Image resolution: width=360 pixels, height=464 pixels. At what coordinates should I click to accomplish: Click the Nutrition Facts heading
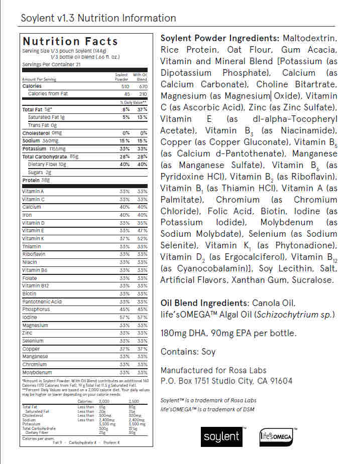(70, 42)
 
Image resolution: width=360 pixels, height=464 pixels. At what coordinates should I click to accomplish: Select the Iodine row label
(30, 317)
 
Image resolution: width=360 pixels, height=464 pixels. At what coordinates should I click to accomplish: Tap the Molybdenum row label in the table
(37, 373)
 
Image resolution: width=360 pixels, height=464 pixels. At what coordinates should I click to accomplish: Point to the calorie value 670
(142, 86)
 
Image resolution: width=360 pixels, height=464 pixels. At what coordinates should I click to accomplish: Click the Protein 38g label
(36, 180)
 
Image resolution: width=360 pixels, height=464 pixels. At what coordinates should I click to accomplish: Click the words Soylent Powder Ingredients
(219, 38)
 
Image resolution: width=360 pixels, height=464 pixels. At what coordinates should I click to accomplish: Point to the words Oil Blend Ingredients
(204, 303)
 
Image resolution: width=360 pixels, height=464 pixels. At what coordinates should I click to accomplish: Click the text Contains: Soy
(188, 352)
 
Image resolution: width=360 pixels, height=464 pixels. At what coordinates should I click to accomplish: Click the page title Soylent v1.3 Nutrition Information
(98, 19)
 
